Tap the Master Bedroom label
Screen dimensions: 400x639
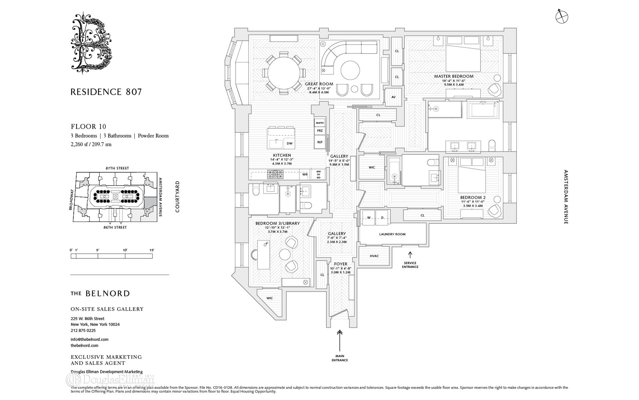453,76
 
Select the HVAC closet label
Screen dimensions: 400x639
374,256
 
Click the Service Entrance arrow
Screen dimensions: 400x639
410,255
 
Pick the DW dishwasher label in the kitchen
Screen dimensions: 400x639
290,144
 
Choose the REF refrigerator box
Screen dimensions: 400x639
320,142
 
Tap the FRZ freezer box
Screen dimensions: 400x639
320,131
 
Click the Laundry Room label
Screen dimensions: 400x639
392,234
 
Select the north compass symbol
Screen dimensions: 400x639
562,16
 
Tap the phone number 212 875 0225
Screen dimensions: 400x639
83,331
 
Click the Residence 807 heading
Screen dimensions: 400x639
106,92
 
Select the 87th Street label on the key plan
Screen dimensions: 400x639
117,168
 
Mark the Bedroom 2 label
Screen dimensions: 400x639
473,197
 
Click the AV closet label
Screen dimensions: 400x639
393,97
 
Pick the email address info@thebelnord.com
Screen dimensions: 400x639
90,339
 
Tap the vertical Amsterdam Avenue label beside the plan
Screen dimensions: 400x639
566,197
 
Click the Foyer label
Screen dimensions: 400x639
340,264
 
